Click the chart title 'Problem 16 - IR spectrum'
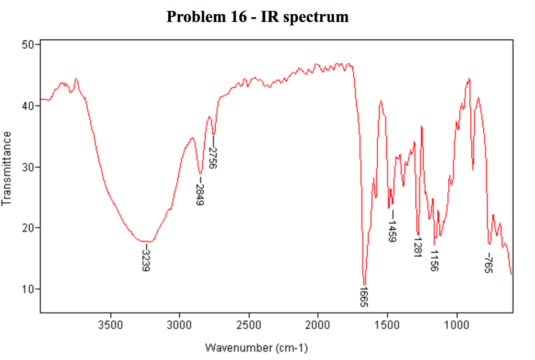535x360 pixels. pyautogui.click(x=258, y=17)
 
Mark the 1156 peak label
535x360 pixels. pyautogui.click(x=434, y=260)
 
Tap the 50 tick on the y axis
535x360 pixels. pyautogui.click(x=29, y=45)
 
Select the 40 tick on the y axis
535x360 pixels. pyautogui.click(x=29, y=106)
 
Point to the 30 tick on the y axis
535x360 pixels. pyautogui.click(x=29, y=167)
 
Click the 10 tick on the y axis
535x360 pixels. pyautogui.click(x=29, y=289)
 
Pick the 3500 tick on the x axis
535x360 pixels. pyautogui.click(x=110, y=324)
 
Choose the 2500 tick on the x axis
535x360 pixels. pyautogui.click(x=249, y=324)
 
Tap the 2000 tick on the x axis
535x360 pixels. pyautogui.click(x=318, y=324)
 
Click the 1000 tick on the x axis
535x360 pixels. pyautogui.click(x=457, y=324)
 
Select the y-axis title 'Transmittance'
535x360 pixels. pyautogui.click(x=7, y=168)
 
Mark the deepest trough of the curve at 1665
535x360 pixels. pyautogui.click(x=364, y=284)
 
